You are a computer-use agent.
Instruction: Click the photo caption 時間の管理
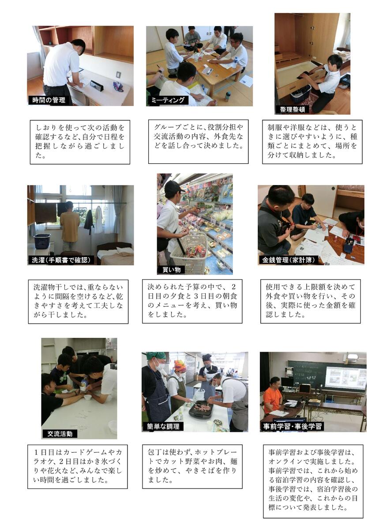click(x=49, y=100)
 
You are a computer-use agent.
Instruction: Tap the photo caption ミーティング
click(x=167, y=100)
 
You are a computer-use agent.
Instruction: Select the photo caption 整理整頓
click(x=292, y=110)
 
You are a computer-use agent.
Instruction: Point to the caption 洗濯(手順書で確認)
click(x=61, y=260)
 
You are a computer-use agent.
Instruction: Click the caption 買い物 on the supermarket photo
click(x=171, y=269)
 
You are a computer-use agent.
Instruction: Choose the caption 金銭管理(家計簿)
click(x=289, y=260)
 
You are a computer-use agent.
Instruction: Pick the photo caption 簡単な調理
click(x=163, y=426)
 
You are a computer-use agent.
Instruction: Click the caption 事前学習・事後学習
click(x=292, y=426)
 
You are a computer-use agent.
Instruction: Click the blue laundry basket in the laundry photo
click(x=42, y=241)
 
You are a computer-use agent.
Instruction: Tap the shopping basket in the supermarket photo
click(x=189, y=253)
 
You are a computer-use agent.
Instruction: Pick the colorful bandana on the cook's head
click(x=180, y=366)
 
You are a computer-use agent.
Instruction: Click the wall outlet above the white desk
click(x=118, y=75)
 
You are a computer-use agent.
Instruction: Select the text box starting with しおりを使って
click(x=80, y=142)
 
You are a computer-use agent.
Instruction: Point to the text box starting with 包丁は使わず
click(x=192, y=466)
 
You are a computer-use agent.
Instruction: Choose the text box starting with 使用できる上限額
click(x=310, y=301)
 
